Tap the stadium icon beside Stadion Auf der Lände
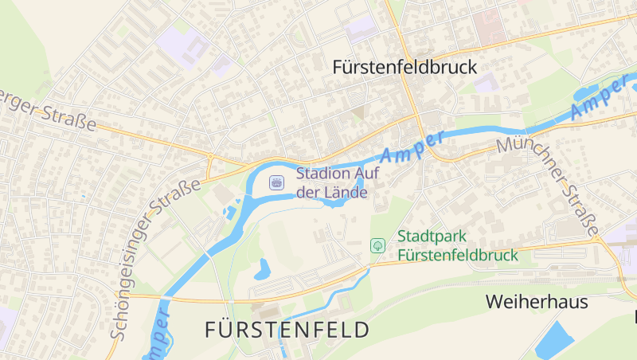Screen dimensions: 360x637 point(276,182)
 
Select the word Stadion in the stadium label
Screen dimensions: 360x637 point(320,173)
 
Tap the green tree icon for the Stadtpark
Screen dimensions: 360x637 point(378,246)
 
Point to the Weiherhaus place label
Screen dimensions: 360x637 point(536,302)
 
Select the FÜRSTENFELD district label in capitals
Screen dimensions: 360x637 point(287,329)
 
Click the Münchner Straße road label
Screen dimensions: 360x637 point(549,186)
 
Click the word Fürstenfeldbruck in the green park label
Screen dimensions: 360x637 point(457,256)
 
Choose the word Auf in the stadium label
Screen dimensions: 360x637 point(358,173)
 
